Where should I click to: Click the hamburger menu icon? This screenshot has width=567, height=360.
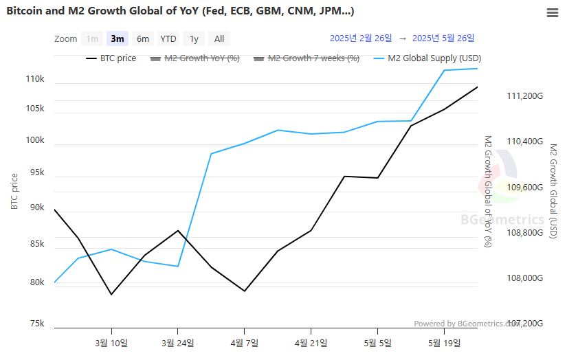click(552, 12)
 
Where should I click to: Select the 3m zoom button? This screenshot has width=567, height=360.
click(118, 38)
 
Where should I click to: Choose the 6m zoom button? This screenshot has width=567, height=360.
click(142, 38)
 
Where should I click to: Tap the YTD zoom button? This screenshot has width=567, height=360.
click(168, 38)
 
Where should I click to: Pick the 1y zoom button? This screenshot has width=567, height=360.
click(194, 38)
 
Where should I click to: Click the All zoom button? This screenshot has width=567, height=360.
click(219, 38)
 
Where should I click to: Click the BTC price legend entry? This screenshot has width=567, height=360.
click(111, 58)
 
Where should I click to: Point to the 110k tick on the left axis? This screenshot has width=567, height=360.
click(35, 80)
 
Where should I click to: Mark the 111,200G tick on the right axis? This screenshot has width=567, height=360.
click(524, 96)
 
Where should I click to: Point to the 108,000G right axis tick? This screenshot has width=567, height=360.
click(524, 278)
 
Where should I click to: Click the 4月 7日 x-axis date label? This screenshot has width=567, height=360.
click(244, 341)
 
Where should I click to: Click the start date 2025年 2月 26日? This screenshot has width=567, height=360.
click(361, 38)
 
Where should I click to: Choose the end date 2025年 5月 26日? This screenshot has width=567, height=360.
click(443, 38)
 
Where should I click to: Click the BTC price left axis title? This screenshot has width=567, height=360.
click(15, 192)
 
